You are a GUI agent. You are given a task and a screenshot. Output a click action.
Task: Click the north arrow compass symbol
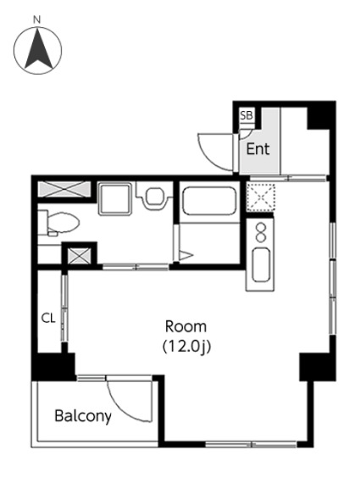tap(38, 50)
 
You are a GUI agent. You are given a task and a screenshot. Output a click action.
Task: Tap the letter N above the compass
tap(36, 20)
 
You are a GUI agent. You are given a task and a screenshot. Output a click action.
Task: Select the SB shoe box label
tap(246, 115)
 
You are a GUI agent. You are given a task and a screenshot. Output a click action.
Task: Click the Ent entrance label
tap(258, 149)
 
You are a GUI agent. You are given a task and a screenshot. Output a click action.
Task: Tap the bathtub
tap(209, 201)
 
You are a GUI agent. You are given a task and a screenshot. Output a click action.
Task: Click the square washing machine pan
tap(115, 198)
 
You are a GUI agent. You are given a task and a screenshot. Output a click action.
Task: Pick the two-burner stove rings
tap(261, 232)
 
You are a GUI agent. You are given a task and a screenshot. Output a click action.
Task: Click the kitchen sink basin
tap(261, 264)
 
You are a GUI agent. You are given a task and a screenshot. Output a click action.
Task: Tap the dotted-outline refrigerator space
tap(261, 197)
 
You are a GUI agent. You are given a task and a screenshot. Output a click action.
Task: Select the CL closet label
tap(48, 319)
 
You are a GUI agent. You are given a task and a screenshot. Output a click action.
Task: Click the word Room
tap(186, 327)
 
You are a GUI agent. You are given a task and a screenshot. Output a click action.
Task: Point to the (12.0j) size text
tap(186, 347)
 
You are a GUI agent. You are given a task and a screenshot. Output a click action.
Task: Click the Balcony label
tap(83, 416)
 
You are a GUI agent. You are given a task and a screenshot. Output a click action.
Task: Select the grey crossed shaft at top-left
tap(64, 189)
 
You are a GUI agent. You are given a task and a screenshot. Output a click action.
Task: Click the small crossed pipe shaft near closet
tap(79, 256)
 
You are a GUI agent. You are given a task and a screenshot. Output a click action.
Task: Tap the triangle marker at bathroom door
tap(186, 255)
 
